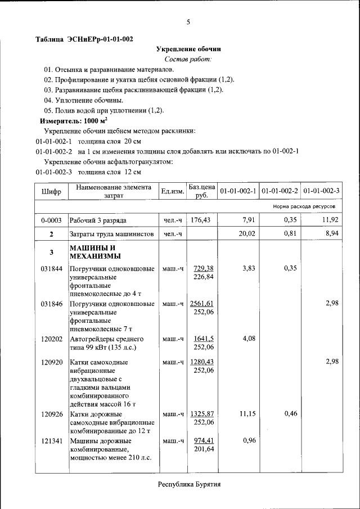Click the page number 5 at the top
(x=188, y=22)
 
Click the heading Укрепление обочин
(x=188, y=49)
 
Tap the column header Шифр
(x=51, y=191)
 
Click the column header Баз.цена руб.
(x=202, y=191)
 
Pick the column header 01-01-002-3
(x=321, y=191)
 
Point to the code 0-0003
(x=51, y=220)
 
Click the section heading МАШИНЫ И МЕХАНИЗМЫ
(x=92, y=253)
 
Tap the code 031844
(x=51, y=269)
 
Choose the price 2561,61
(x=202, y=304)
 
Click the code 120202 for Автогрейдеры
(x=51, y=339)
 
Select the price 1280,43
(x=202, y=362)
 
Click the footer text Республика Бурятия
(x=188, y=484)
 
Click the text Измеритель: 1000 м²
(x=73, y=121)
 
